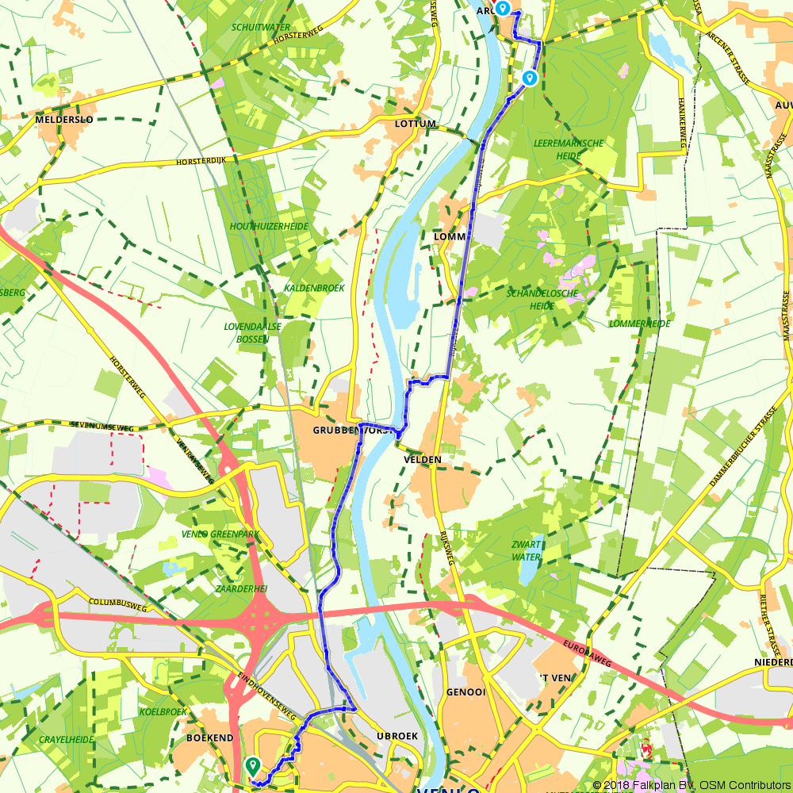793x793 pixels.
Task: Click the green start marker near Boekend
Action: click(253, 765)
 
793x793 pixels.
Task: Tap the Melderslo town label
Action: click(64, 119)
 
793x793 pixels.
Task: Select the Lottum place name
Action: click(416, 125)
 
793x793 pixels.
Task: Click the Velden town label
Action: click(421, 460)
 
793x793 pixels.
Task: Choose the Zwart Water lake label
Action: click(527, 550)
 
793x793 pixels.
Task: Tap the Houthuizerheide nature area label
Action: click(269, 227)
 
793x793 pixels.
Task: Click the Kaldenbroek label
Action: click(314, 288)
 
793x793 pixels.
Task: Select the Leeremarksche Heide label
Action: click(569, 149)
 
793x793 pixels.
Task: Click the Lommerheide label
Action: click(639, 324)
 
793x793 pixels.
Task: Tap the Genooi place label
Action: click(465, 691)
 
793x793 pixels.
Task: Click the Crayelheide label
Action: click(66, 739)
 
